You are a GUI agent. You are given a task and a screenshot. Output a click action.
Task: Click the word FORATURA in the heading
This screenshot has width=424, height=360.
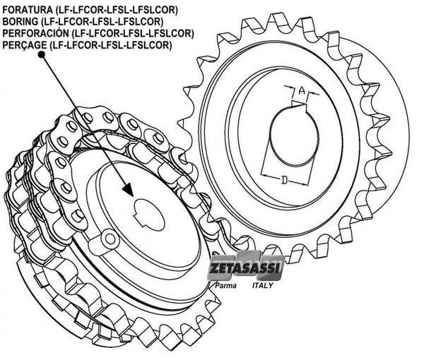click(x=28, y=10)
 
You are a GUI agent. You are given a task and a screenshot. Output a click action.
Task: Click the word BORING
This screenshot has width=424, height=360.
click(x=20, y=21)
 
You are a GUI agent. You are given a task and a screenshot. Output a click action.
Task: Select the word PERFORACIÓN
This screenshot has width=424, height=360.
click(x=36, y=33)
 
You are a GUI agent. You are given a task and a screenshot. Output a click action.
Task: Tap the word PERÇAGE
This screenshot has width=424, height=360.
click(x=25, y=45)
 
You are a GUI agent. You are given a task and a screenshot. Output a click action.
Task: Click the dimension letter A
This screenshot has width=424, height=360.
click(x=302, y=91)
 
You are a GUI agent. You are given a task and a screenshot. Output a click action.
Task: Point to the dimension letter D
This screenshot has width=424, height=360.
click(x=284, y=179)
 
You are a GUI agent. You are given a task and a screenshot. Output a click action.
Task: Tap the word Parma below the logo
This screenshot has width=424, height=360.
click(x=225, y=285)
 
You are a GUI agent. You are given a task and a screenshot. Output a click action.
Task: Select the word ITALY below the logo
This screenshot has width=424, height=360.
click(x=262, y=285)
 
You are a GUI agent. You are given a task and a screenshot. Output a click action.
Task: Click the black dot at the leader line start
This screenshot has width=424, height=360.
click(x=42, y=54)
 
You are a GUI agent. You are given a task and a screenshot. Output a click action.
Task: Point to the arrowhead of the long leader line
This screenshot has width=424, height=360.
click(x=129, y=190)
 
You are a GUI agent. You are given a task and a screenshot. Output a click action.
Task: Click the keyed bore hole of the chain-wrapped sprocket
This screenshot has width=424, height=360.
click(x=149, y=215)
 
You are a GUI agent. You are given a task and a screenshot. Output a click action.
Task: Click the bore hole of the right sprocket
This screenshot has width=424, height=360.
click(x=294, y=136)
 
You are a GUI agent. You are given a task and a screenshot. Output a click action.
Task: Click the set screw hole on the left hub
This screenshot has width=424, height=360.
click(x=110, y=238)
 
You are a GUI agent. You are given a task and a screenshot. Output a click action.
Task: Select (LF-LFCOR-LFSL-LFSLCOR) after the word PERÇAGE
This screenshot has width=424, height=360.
click(x=110, y=45)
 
